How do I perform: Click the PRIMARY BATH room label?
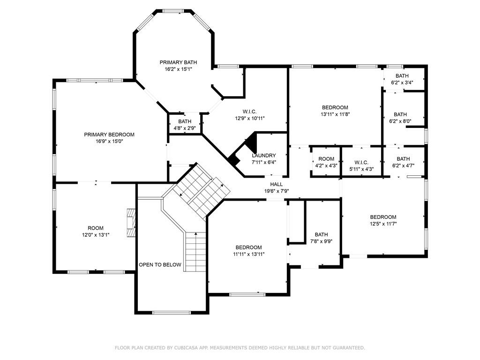point(178,62)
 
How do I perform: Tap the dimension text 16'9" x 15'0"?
point(109,142)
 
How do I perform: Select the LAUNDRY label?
point(264,156)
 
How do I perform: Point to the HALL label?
point(277,184)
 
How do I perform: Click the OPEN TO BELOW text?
point(160,265)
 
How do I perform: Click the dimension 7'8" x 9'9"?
point(322,241)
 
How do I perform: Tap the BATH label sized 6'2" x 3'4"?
point(402,75)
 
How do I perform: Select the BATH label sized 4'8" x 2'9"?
point(185,121)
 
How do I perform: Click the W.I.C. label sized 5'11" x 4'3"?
point(361,162)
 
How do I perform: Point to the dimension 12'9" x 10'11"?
point(250,118)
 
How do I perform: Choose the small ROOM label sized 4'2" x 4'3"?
point(326,159)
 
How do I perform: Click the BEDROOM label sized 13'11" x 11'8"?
point(335,107)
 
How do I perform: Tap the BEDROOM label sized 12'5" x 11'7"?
point(383,217)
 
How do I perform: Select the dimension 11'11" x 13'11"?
point(249,254)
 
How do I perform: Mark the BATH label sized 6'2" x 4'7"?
point(403,159)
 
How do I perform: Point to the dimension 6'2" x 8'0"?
point(400,121)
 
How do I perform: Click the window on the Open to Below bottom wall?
point(172,313)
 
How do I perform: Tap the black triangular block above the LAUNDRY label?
point(252,141)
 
